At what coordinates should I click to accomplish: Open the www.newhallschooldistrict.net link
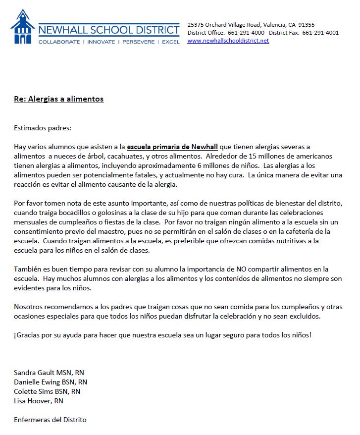tap(228, 41)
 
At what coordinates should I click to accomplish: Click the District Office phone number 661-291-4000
tap(246, 33)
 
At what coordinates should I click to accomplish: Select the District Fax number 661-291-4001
tap(320, 33)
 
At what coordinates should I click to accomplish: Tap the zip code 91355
tap(306, 25)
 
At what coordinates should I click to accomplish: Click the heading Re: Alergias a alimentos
tap(58, 99)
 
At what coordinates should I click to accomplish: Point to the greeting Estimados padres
tap(43, 128)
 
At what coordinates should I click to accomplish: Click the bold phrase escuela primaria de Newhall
tap(173, 147)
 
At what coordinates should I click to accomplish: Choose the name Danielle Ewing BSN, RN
tap(51, 382)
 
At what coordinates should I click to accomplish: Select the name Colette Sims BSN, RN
tap(47, 391)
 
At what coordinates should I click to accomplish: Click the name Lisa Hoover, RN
tap(39, 401)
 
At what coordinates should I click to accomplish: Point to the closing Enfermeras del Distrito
tap(50, 420)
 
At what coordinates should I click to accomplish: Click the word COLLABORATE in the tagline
tap(59, 42)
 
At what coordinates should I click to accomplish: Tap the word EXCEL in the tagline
tap(171, 42)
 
